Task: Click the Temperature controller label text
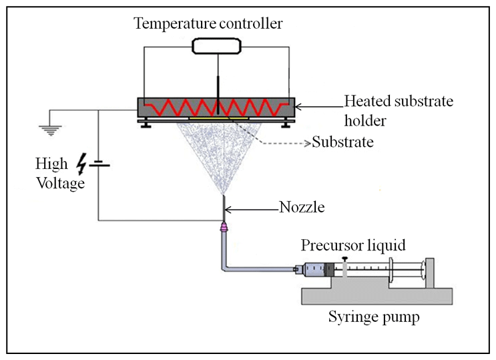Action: point(208,24)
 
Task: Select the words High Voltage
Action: point(61,172)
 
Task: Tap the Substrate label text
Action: point(343,143)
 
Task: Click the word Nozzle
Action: point(302,208)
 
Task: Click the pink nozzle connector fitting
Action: point(223,227)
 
